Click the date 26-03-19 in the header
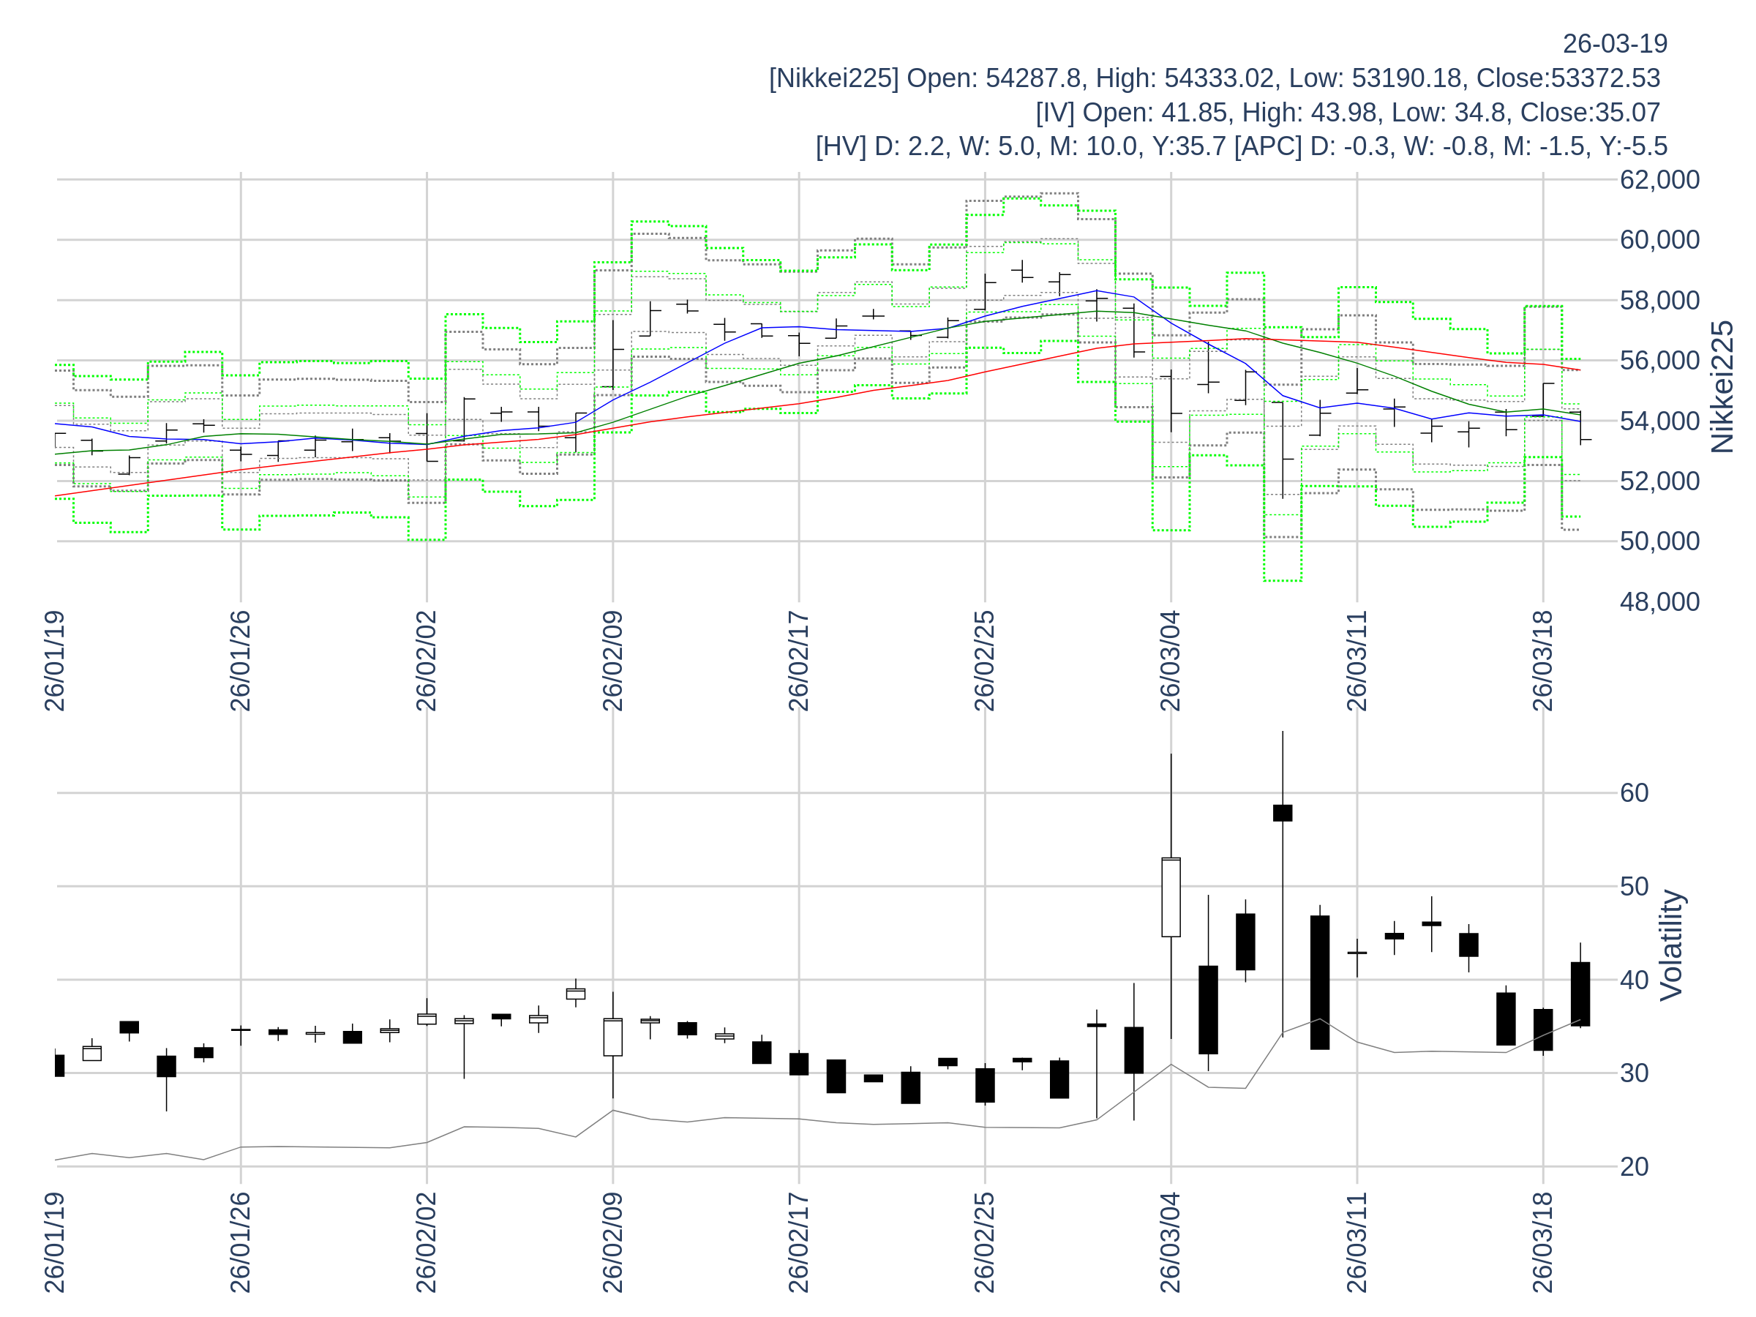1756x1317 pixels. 1615,44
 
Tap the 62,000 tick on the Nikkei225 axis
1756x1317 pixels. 1659,180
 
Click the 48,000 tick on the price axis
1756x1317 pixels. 1659,601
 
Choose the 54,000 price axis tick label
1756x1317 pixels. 1659,421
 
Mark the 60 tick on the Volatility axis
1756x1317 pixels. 1634,793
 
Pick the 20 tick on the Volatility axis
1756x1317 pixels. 1634,1167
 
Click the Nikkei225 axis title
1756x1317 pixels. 1722,387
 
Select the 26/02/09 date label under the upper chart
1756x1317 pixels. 613,661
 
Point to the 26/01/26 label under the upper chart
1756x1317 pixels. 241,661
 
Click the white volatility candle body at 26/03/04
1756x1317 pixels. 1171,897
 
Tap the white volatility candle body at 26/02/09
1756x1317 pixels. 613,1037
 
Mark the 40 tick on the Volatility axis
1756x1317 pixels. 1634,980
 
